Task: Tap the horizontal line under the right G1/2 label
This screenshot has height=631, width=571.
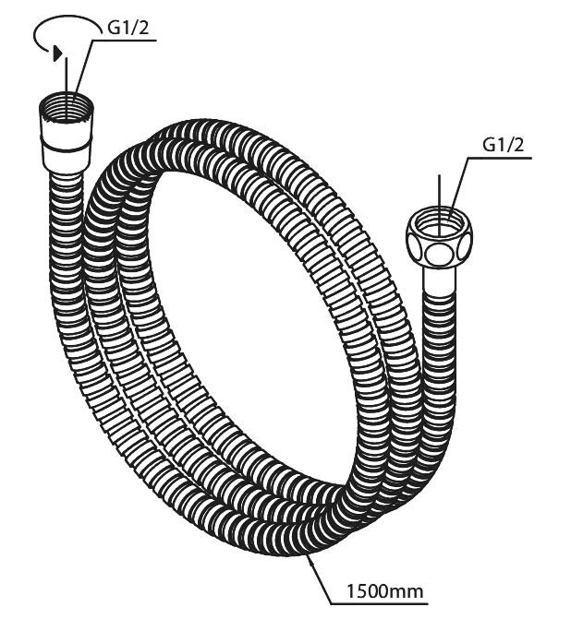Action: pyautogui.click(x=503, y=159)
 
